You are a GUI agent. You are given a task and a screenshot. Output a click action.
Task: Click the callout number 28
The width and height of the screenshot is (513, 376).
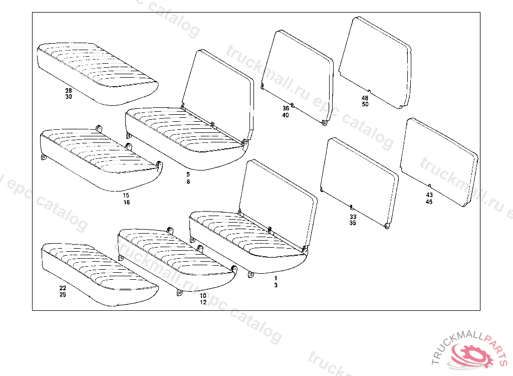(x=68, y=91)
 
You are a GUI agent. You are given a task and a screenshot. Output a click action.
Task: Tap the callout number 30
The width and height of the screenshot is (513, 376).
(x=68, y=97)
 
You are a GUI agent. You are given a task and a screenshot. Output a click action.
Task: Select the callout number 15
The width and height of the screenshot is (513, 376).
(x=126, y=196)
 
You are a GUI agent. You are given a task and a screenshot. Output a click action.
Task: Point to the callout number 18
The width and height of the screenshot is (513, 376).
(x=126, y=202)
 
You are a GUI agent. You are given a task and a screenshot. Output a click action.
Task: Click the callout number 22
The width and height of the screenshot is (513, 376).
(x=63, y=288)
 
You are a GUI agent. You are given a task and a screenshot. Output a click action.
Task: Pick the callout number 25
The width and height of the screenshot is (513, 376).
(x=63, y=295)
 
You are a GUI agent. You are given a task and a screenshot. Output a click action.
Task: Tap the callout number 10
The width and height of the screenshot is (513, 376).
(x=203, y=296)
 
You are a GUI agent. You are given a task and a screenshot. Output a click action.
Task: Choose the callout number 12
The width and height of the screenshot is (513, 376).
(x=203, y=302)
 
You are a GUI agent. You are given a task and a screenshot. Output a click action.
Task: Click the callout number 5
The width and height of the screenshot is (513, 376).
(x=188, y=174)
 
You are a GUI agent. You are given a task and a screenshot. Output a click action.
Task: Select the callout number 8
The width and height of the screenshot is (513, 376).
(x=188, y=181)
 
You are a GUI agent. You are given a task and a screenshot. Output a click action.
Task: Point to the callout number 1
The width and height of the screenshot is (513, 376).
(x=276, y=278)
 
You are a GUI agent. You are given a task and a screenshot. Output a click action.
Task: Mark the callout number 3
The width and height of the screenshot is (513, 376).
(x=276, y=285)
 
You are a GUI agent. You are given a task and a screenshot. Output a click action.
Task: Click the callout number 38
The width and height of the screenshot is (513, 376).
(x=286, y=108)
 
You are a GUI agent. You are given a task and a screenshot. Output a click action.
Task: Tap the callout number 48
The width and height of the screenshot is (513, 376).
(x=365, y=98)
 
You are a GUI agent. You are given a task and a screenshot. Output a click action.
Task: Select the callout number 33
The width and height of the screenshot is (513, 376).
(x=353, y=217)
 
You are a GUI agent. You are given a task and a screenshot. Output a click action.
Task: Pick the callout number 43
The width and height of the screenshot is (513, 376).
(x=429, y=195)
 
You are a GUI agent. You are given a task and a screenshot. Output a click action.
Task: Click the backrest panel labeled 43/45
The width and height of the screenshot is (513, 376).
(x=438, y=160)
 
